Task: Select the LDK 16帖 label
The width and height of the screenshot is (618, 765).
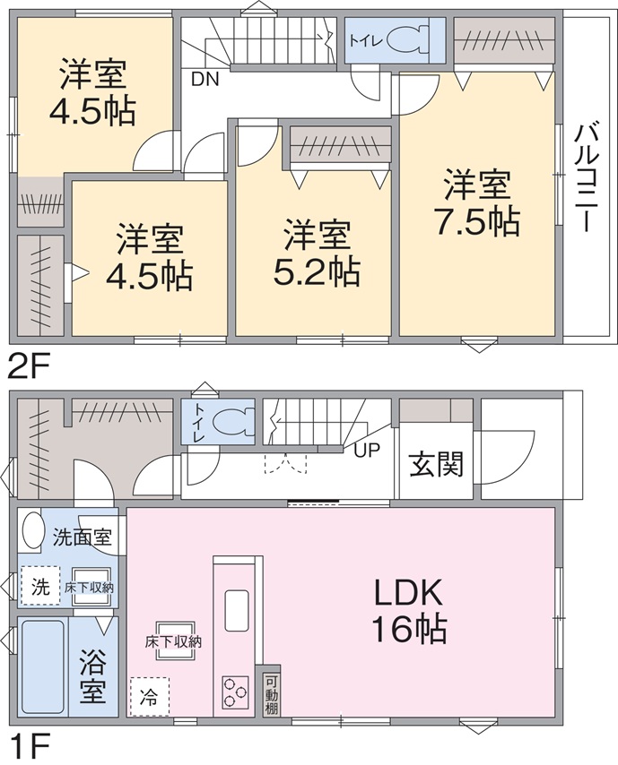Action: [x=408, y=611]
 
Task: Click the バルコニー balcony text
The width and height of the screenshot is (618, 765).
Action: [x=588, y=177]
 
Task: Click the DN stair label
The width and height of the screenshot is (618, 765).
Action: [x=205, y=79]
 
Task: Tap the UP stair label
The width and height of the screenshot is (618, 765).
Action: [x=366, y=450]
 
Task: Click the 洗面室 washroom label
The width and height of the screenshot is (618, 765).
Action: [x=83, y=537]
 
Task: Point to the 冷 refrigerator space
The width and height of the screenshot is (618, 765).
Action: [x=150, y=698]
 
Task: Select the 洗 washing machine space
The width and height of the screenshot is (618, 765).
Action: [x=40, y=586]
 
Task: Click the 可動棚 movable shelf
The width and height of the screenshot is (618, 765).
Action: [x=271, y=694]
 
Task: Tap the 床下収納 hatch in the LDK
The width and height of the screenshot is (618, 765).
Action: [x=174, y=641]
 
